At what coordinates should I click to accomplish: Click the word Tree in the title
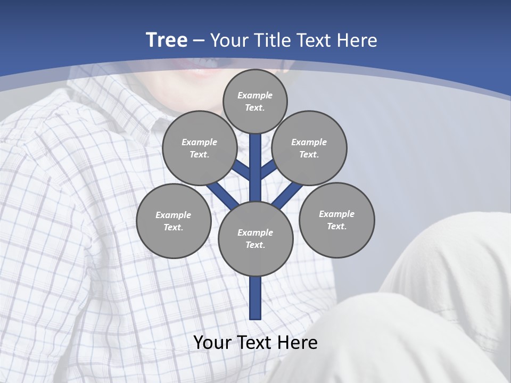[x=167, y=40]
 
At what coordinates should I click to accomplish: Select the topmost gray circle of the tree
[x=255, y=101]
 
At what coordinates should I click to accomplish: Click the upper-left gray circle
[x=199, y=148]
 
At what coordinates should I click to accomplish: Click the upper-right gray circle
[x=309, y=148]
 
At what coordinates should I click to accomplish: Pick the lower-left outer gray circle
[x=174, y=221]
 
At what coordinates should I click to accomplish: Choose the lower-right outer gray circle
[x=337, y=220]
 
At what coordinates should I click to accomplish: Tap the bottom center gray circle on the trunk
[x=256, y=239]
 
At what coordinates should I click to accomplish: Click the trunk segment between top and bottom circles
[x=256, y=168]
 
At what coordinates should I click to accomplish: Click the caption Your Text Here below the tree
[x=256, y=342]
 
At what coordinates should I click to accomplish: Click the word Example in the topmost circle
[x=255, y=95]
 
